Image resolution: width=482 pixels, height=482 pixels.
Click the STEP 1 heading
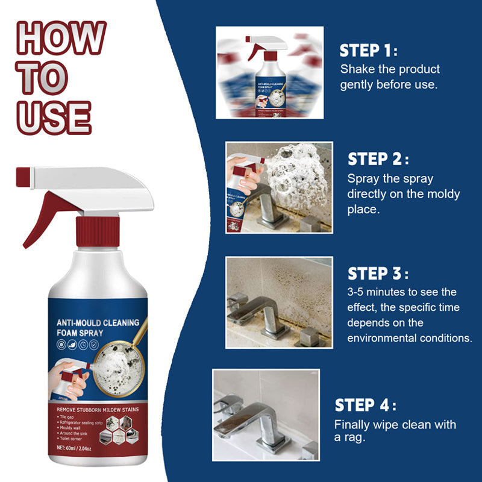pyautogui.click(x=368, y=50)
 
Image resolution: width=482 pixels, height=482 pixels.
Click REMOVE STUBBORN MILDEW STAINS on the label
pyautogui.click(x=97, y=410)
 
